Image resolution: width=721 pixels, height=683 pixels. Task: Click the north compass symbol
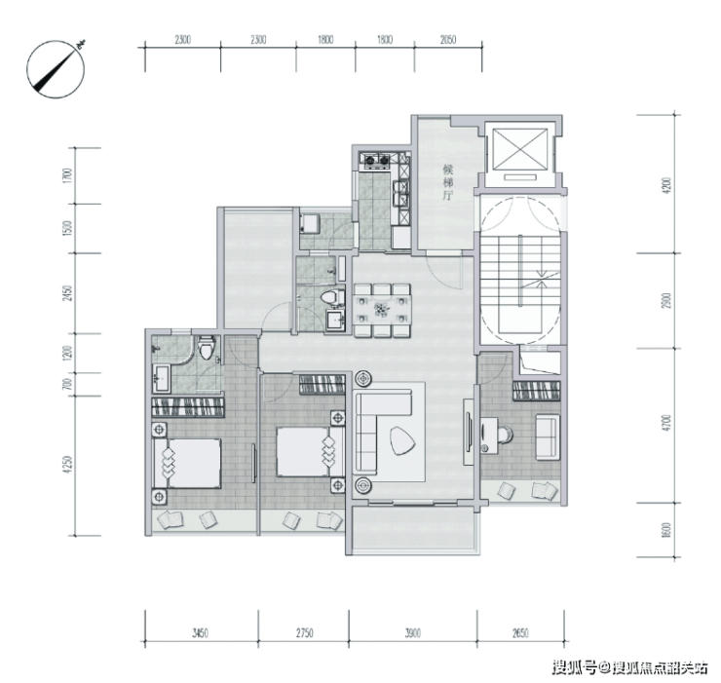[57, 69]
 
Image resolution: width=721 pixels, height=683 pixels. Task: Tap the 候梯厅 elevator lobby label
[447, 182]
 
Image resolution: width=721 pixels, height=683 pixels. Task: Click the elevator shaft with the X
[520, 149]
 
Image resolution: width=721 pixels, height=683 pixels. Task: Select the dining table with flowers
[382, 310]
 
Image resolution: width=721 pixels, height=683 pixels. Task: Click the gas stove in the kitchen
[377, 160]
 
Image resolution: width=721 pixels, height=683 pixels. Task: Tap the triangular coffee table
[401, 440]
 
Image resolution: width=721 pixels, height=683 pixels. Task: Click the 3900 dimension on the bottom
[412, 633]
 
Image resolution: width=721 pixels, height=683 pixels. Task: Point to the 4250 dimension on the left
[68, 465]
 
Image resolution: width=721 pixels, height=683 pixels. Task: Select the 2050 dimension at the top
[448, 40]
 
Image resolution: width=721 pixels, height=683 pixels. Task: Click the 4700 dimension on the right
[667, 423]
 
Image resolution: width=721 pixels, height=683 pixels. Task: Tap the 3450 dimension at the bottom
[200, 633]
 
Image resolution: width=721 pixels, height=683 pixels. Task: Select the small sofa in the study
[548, 436]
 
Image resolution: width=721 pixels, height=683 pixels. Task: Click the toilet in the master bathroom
[207, 347]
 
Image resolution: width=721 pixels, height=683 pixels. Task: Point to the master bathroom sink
[162, 378]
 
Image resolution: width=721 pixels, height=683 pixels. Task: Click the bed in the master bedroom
[187, 463]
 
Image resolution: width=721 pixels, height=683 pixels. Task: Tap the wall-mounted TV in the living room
[469, 433]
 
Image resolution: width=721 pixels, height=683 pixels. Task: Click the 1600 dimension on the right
[667, 530]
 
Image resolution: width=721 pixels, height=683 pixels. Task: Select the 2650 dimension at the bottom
[520, 633]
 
